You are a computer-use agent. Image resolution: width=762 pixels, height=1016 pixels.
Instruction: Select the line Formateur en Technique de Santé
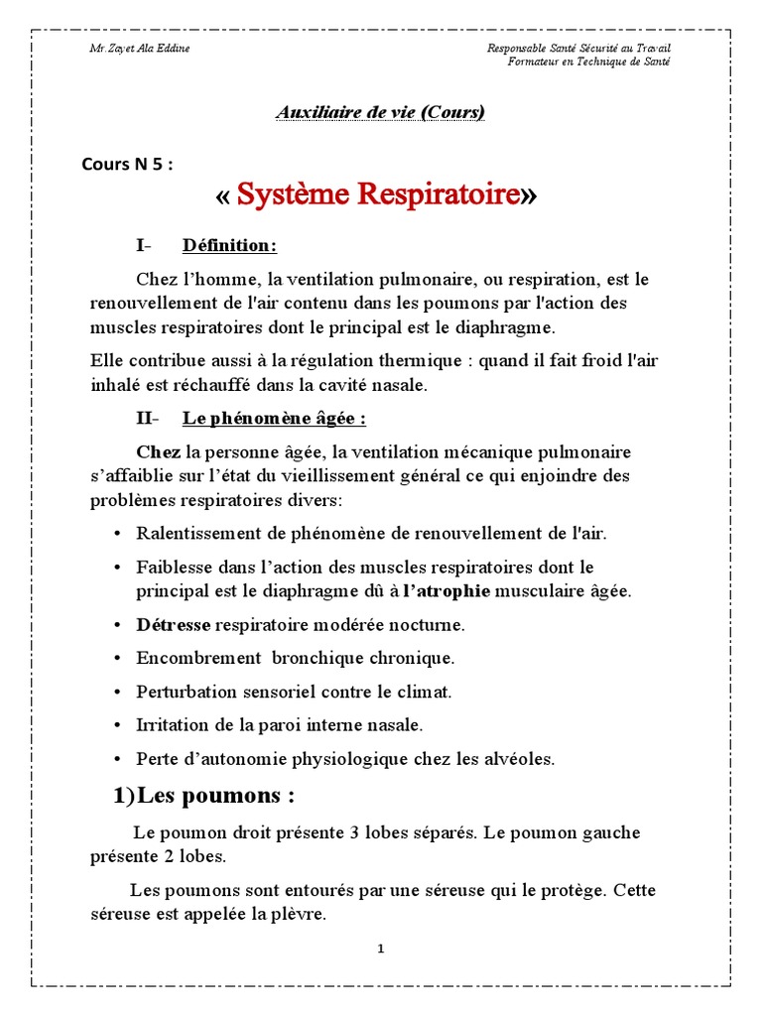point(588,62)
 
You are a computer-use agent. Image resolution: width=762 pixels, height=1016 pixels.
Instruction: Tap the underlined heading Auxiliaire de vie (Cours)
point(380,112)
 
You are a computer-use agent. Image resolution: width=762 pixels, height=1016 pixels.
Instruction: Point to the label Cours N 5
point(126,165)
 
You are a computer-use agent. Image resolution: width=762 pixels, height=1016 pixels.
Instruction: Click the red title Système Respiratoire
point(378,195)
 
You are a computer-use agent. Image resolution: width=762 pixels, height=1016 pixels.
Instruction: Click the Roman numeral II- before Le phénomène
point(150,419)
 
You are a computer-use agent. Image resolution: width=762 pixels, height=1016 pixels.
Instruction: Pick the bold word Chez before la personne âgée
point(159,452)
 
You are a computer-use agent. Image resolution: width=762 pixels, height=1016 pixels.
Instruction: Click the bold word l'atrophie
point(446,591)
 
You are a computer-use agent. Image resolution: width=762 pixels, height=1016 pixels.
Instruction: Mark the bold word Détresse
point(174,625)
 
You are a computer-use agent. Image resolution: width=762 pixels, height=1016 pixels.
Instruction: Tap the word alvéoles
point(519,759)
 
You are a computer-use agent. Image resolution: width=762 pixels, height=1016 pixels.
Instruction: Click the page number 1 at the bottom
point(380,950)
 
